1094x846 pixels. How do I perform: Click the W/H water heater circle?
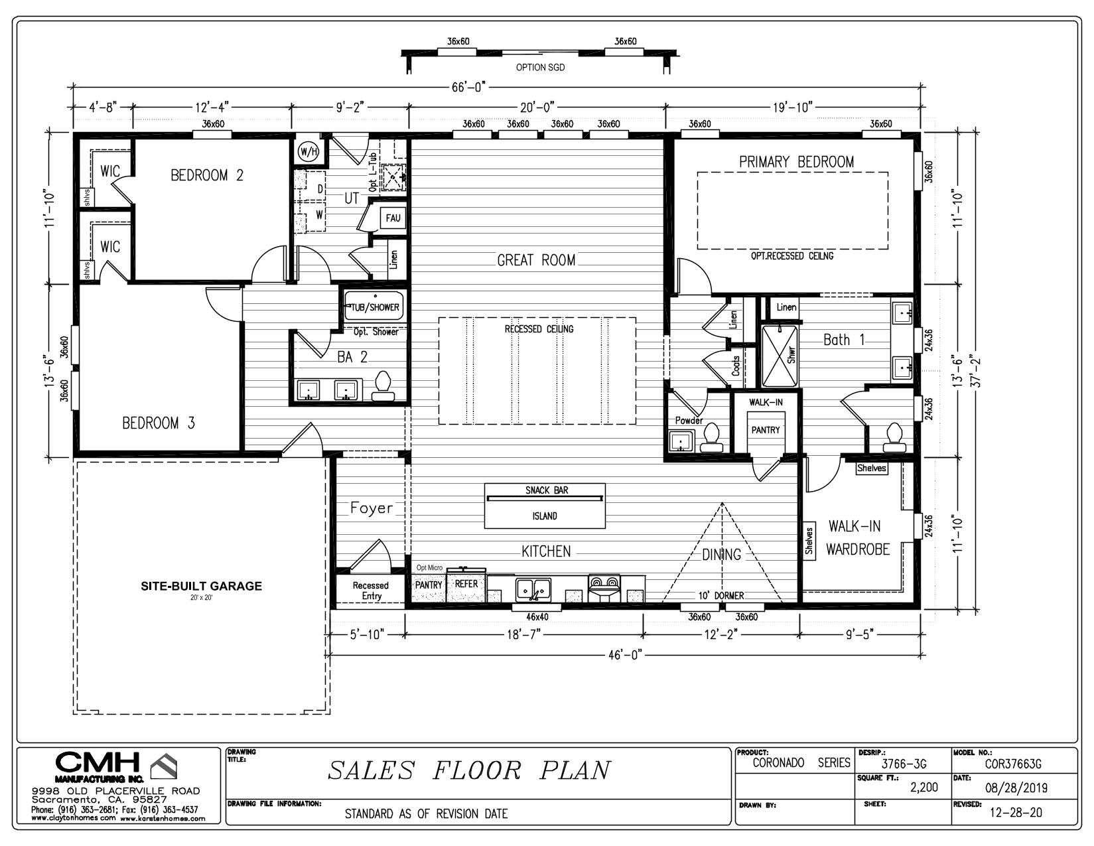[308, 151]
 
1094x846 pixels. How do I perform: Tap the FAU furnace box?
[393, 218]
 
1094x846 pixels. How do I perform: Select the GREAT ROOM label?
[536, 260]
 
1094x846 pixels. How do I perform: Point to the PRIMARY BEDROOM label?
[797, 161]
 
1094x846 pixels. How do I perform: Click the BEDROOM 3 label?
[159, 423]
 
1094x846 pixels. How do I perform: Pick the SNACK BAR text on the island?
[547, 490]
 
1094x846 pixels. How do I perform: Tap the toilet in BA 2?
[383, 387]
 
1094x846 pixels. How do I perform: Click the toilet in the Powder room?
[711, 437]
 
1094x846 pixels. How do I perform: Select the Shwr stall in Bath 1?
[780, 356]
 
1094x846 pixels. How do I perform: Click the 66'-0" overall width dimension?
[468, 88]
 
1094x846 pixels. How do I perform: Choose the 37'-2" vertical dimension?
[976, 372]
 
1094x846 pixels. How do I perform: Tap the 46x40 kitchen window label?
[537, 616]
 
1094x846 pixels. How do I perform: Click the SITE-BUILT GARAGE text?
[202, 586]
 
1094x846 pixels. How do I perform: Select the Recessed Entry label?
[371, 591]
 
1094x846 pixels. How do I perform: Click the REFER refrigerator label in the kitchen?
[466, 584]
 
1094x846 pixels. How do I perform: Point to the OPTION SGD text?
[540, 67]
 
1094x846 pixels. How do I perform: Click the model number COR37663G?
[1013, 764]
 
